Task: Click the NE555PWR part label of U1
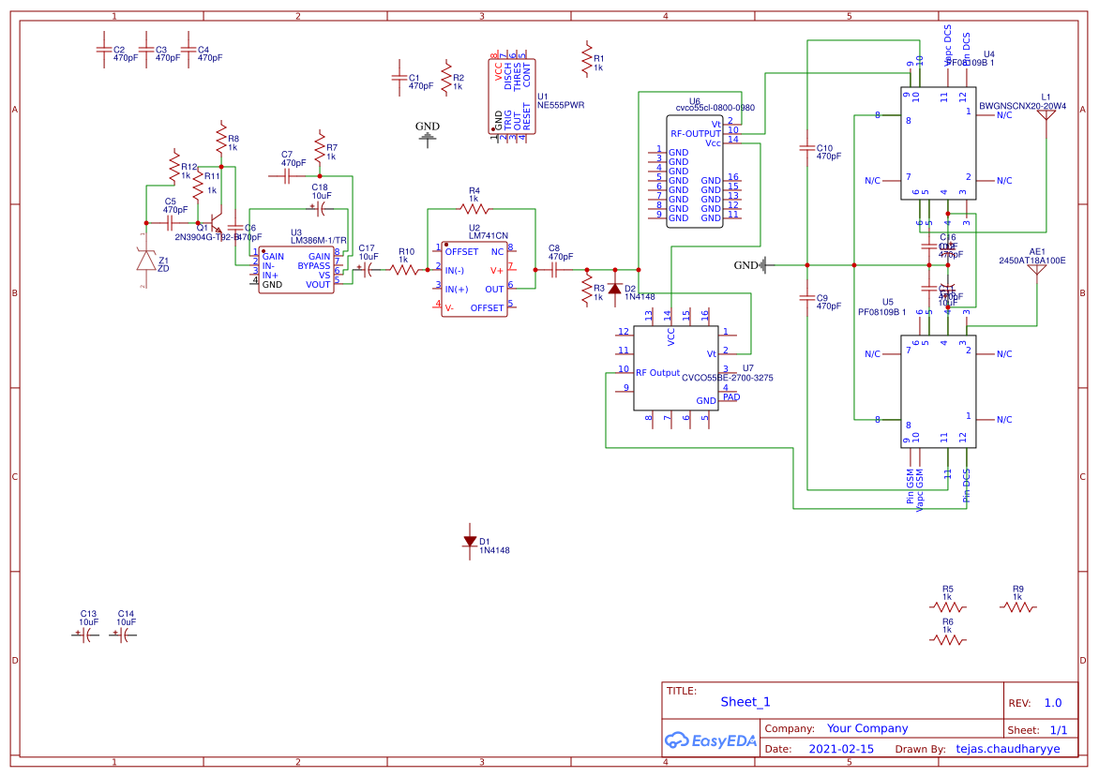(x=560, y=106)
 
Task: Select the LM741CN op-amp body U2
(x=474, y=279)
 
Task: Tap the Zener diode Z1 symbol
(x=145, y=261)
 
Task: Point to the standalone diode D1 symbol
(x=470, y=541)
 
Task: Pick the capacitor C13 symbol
(x=87, y=635)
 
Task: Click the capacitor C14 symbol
(x=125, y=635)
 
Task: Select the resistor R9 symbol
(x=1017, y=606)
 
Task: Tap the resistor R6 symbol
(x=947, y=640)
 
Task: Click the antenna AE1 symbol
(x=1037, y=268)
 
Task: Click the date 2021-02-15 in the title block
(x=841, y=749)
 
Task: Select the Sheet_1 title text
(x=745, y=702)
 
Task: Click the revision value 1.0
(x=1052, y=702)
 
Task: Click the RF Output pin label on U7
(x=657, y=373)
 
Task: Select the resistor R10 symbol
(x=405, y=270)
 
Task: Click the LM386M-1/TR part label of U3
(x=318, y=241)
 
